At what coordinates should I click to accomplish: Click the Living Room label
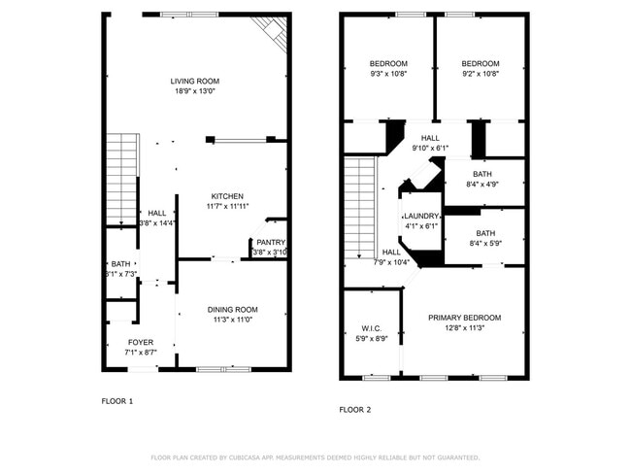pyautogui.click(x=195, y=82)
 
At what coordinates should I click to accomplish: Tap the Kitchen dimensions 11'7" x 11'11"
pyautogui.click(x=224, y=206)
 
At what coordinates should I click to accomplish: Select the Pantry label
pyautogui.click(x=270, y=242)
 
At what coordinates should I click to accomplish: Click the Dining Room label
pyautogui.click(x=231, y=310)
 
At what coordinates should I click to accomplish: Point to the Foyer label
pyautogui.click(x=140, y=342)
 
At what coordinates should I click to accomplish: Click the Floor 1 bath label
pyautogui.click(x=120, y=264)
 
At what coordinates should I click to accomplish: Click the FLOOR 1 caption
pyautogui.click(x=117, y=400)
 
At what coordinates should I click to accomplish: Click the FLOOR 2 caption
pyautogui.click(x=354, y=410)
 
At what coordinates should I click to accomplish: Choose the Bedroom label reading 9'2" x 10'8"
pyautogui.click(x=480, y=64)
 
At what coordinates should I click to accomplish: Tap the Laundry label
pyautogui.click(x=421, y=216)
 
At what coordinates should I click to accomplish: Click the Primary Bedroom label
pyautogui.click(x=465, y=318)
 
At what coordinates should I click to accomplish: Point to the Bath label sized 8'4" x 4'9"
pyautogui.click(x=482, y=174)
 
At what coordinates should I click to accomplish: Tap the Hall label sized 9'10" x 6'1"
pyautogui.click(x=430, y=138)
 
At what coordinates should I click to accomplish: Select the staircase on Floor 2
pyautogui.click(x=360, y=209)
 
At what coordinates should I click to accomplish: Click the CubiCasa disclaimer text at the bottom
pyautogui.click(x=315, y=457)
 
